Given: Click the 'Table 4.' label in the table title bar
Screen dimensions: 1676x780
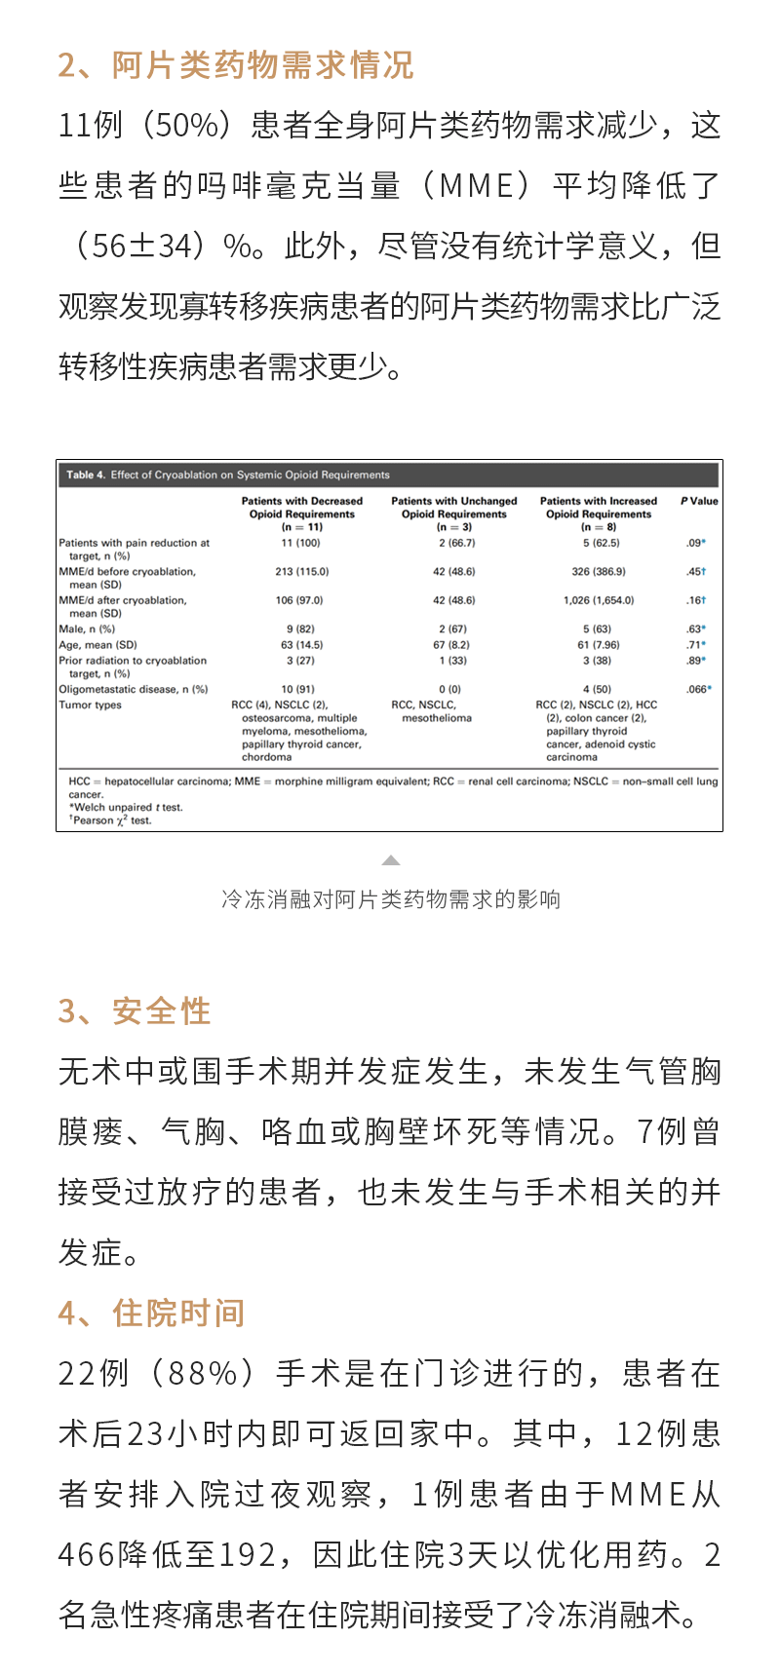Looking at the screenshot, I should [x=86, y=476].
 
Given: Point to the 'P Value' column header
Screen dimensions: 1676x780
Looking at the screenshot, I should [x=699, y=501].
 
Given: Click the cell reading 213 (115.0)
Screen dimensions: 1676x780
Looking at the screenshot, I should [x=301, y=572].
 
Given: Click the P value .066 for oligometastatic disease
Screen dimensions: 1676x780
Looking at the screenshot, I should [x=696, y=689].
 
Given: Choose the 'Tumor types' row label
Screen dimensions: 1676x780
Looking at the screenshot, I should [x=91, y=705].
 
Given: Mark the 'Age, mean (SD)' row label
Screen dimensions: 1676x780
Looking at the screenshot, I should [x=97, y=645].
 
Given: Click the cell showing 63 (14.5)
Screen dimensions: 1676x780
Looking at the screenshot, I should [x=301, y=645].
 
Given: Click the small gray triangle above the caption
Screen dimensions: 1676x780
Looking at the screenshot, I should [x=391, y=860].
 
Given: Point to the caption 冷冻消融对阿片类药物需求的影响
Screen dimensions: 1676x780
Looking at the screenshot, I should [x=391, y=898].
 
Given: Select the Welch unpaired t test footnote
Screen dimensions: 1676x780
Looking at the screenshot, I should [x=127, y=808].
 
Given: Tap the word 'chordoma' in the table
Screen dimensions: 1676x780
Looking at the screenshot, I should [x=267, y=757].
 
